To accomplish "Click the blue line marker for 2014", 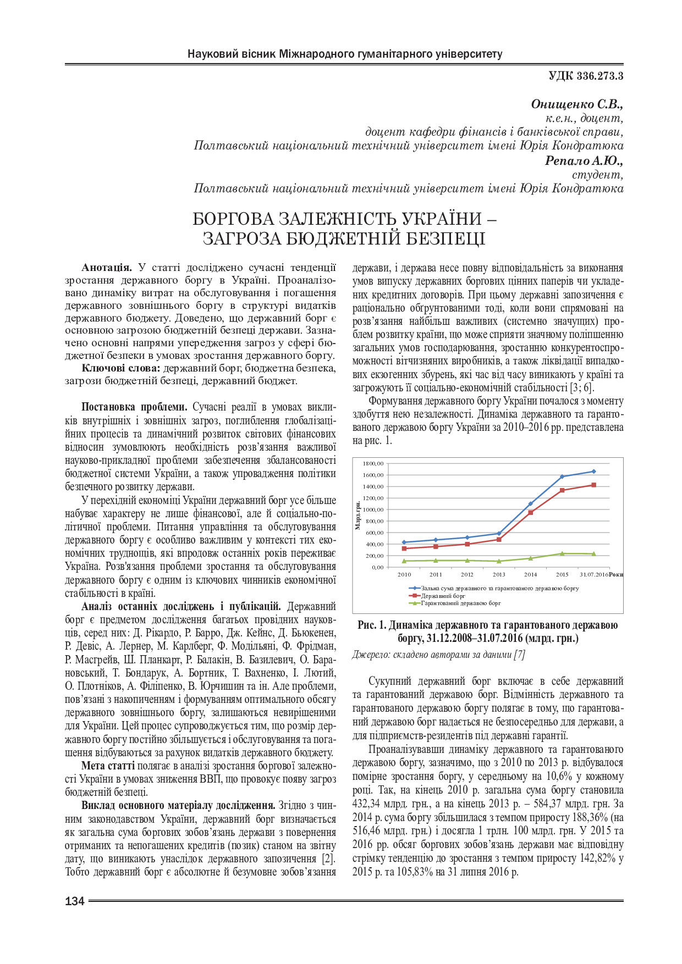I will [531, 503].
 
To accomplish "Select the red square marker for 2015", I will [562, 490].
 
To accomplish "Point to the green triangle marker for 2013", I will [499, 561].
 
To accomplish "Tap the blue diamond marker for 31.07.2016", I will [594, 471].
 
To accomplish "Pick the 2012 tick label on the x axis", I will [467, 575].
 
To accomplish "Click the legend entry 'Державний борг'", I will [443, 596].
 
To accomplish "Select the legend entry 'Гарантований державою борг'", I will [461, 603].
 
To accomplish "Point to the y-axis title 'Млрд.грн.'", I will [358, 515].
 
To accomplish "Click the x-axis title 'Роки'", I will [616, 575].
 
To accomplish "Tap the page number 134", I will [75, 901].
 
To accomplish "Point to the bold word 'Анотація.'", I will [107, 268].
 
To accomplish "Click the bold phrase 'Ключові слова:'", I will [121, 368].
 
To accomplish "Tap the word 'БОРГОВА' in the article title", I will [233, 219].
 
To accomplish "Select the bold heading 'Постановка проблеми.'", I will [134, 407].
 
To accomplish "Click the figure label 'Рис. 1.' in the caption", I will [372, 625].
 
